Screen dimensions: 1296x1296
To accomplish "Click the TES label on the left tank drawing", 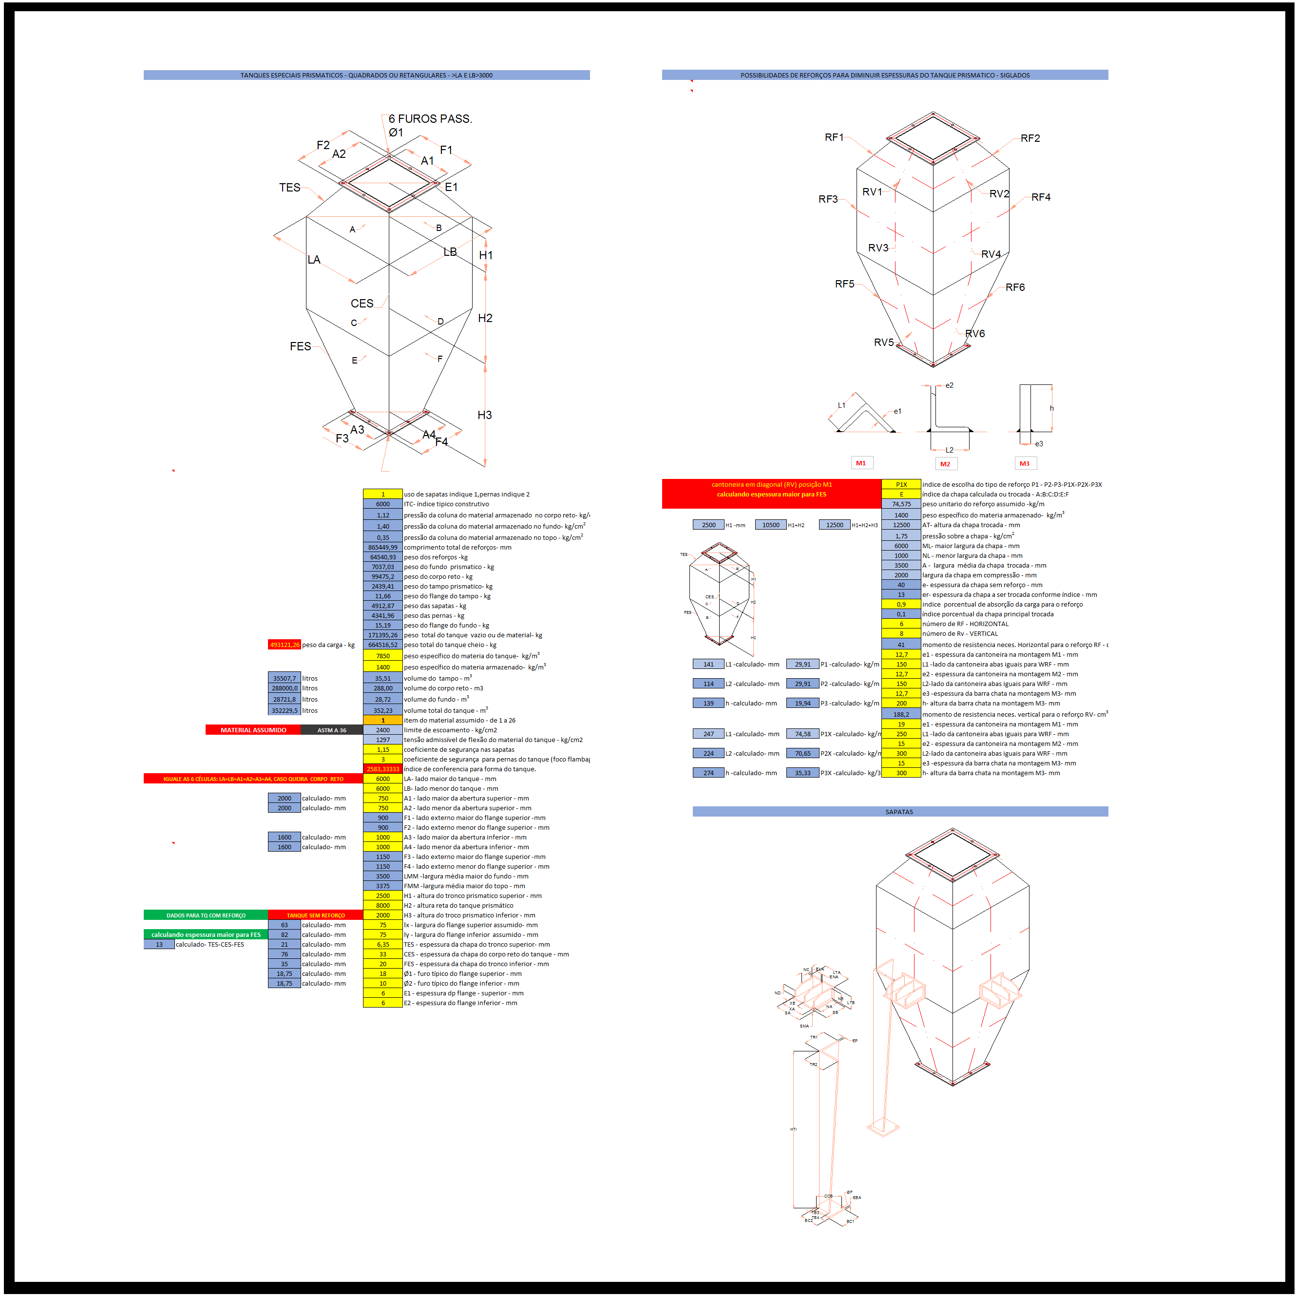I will (x=290, y=188).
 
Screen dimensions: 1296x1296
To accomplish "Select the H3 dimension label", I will (x=484, y=415).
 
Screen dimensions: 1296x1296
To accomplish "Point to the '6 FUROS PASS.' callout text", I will (x=430, y=119).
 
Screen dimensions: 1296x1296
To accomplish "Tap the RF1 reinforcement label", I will (x=834, y=137).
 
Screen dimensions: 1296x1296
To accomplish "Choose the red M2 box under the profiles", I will (x=945, y=463).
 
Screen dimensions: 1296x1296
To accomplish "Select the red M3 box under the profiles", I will (x=1024, y=463).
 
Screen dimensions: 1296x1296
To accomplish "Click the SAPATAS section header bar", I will (x=899, y=812).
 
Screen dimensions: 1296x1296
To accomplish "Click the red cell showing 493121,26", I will (x=285, y=645).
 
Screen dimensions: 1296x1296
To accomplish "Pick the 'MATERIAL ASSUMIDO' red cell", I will (x=253, y=730).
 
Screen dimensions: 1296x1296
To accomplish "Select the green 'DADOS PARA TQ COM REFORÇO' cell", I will (x=206, y=915).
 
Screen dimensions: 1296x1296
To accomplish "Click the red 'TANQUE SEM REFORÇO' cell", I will (x=315, y=915).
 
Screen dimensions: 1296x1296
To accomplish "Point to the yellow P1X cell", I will (x=901, y=484).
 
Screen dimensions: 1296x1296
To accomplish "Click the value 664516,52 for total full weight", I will (x=382, y=645).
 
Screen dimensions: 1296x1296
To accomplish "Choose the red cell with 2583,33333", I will (x=382, y=769).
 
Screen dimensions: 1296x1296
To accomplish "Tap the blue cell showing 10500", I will (x=771, y=525).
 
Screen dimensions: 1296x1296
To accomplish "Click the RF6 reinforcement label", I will (x=1015, y=287).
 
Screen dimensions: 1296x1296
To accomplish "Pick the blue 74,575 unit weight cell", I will (x=901, y=504).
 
